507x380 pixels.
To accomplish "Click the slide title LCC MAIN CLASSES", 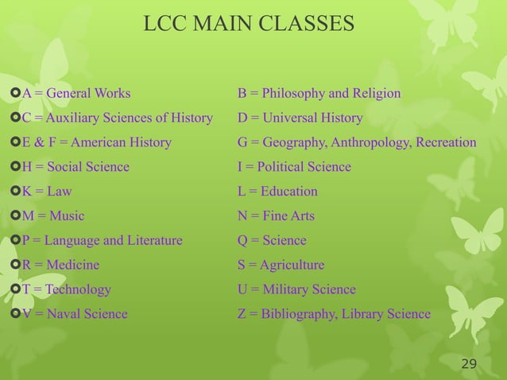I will pyautogui.click(x=249, y=25).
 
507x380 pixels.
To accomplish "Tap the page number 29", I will pyautogui.click(x=469, y=364).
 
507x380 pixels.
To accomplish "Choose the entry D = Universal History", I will pyautogui.click(x=300, y=118).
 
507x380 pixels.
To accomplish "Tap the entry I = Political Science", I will pyautogui.click(x=294, y=167).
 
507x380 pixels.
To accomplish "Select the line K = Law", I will pyautogui.click(x=47, y=192).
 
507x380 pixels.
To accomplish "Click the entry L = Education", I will pyautogui.click(x=277, y=192).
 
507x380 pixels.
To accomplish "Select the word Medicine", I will pyautogui.click(x=74, y=265).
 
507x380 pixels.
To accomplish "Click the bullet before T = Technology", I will pyautogui.click(x=15, y=289).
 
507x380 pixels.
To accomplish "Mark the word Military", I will pyautogui.click(x=286, y=289).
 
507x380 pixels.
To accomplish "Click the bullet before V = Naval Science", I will pyautogui.click(x=15, y=314).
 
